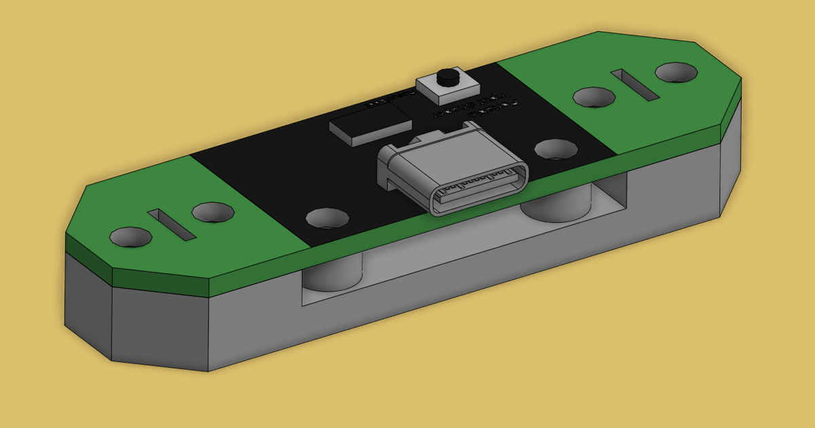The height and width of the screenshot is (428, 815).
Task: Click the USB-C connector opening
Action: tap(479, 192)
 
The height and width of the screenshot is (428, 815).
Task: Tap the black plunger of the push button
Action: tap(446, 77)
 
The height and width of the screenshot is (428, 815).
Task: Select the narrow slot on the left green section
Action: tap(171, 224)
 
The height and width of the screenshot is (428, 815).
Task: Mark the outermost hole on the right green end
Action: tap(676, 72)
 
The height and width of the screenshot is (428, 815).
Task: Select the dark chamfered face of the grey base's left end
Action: tap(87, 302)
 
